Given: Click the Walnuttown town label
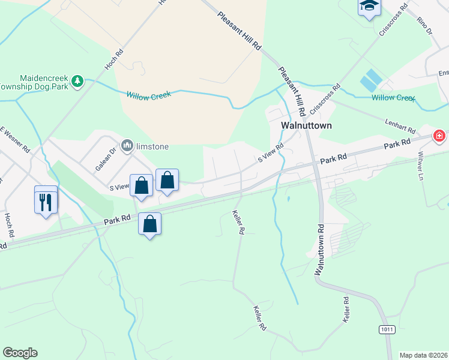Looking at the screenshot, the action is [x=307, y=126].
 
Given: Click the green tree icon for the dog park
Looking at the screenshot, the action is [x=77, y=81].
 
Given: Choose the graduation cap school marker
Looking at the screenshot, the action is [x=368, y=7].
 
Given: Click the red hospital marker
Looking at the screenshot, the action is [x=439, y=136].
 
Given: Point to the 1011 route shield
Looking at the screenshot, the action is [x=387, y=329].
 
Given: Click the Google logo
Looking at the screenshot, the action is [x=20, y=353].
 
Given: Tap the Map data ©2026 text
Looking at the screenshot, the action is [x=424, y=355].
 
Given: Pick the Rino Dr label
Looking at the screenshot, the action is [x=424, y=24].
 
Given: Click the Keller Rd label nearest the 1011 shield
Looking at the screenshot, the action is [x=346, y=310].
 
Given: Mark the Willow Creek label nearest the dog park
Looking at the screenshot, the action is [x=148, y=95].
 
